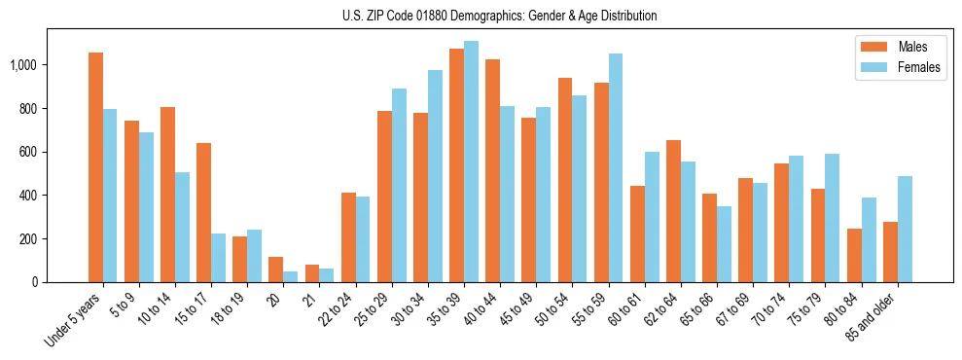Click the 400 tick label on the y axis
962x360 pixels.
28,196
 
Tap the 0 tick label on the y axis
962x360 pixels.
34,282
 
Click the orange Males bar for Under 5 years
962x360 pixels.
95,167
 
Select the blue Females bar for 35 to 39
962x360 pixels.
471,162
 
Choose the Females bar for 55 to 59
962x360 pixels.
616,167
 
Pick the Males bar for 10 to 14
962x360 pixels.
167,195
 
